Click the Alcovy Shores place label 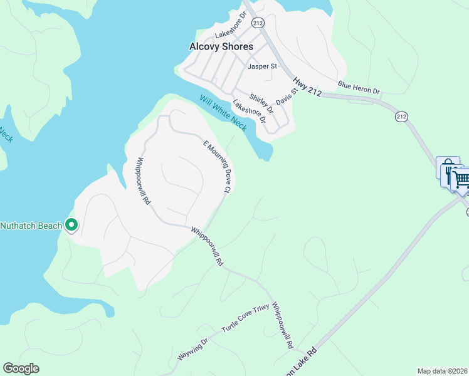click(x=221, y=46)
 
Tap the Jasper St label click(x=262, y=66)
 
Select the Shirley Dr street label click(x=261, y=103)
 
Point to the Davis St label click(x=286, y=97)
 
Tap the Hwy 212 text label click(x=307, y=86)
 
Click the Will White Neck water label click(x=223, y=112)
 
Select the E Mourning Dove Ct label click(x=218, y=167)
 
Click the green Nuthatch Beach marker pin click(x=71, y=224)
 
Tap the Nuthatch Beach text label click(x=31, y=226)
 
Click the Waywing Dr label click(x=192, y=349)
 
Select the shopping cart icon click(x=461, y=180)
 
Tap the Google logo click(x=21, y=368)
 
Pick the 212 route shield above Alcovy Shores click(x=258, y=23)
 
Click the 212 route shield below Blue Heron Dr click(x=402, y=117)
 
